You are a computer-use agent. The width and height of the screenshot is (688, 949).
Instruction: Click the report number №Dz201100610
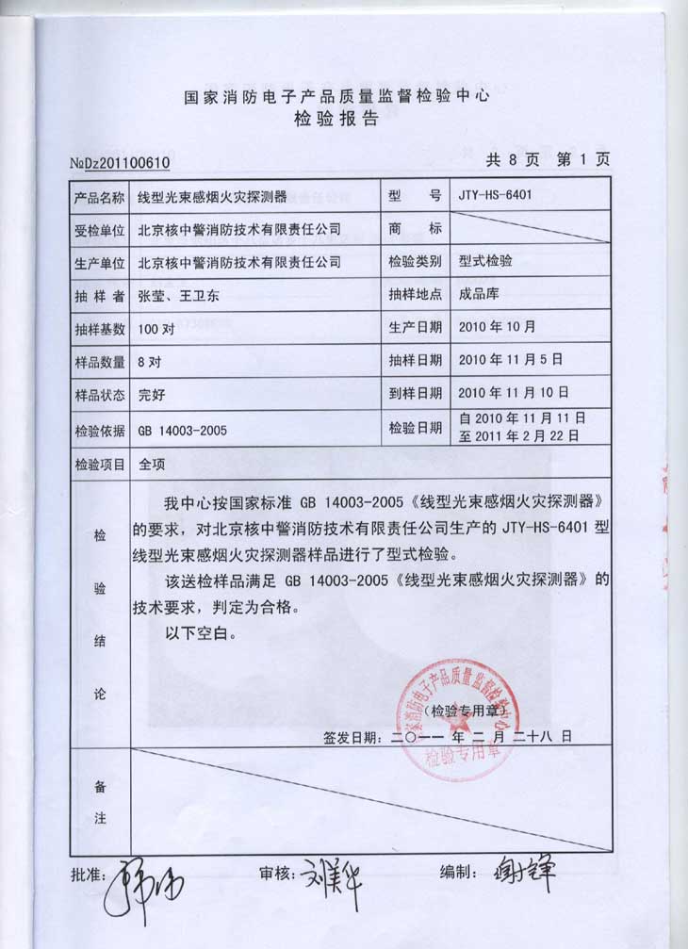click(120, 162)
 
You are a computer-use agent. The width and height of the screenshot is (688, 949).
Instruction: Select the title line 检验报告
click(336, 119)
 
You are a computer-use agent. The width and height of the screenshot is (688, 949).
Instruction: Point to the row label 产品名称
click(98, 197)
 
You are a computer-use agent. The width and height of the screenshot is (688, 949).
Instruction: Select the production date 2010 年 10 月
click(497, 327)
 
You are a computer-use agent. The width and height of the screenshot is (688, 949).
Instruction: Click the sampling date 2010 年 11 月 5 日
click(510, 359)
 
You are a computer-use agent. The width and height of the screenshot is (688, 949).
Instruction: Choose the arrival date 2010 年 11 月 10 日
click(514, 392)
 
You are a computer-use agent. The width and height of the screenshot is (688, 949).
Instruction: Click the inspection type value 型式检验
click(485, 261)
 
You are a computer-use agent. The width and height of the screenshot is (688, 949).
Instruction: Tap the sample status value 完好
click(152, 393)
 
